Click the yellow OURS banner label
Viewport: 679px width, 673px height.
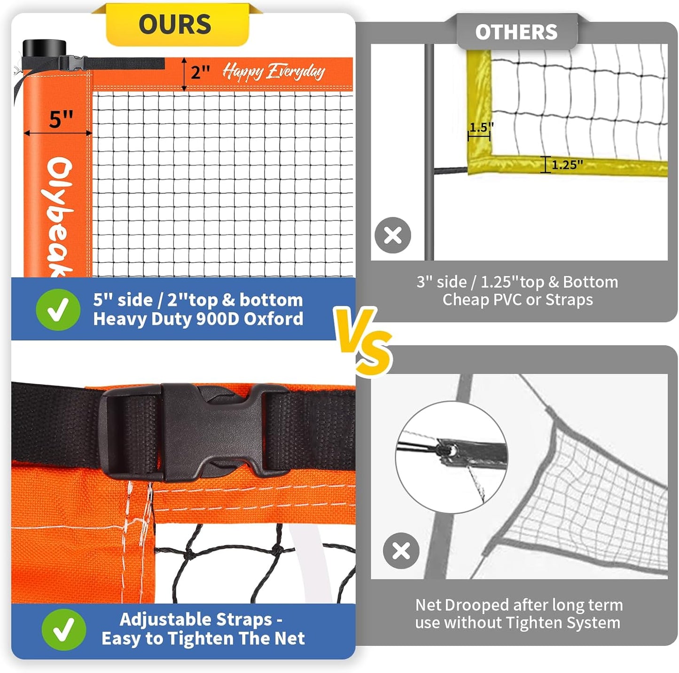pyautogui.click(x=175, y=24)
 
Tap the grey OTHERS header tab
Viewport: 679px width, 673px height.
pyautogui.click(x=516, y=32)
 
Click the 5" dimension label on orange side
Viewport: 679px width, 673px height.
pyautogui.click(x=61, y=119)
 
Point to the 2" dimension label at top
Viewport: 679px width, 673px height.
pyautogui.click(x=200, y=72)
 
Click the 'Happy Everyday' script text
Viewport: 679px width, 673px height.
pyautogui.click(x=273, y=71)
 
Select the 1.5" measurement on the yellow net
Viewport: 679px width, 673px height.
pyautogui.click(x=481, y=128)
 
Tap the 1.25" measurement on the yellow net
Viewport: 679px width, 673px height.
pyautogui.click(x=567, y=165)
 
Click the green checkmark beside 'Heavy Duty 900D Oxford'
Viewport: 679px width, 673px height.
pyautogui.click(x=58, y=309)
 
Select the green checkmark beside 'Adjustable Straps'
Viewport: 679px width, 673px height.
pyautogui.click(x=63, y=629)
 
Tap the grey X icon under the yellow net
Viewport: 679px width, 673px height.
pyautogui.click(x=393, y=235)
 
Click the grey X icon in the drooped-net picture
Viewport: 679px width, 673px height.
pyautogui.click(x=401, y=551)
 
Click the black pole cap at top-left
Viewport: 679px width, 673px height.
pyautogui.click(x=44, y=48)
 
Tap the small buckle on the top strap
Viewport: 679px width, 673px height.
pyautogui.click(x=72, y=63)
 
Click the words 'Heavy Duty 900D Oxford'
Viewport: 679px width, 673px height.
pyautogui.click(x=198, y=319)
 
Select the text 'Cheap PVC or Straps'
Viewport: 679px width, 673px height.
pyautogui.click(x=517, y=300)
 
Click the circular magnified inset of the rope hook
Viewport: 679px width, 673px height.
pyautogui.click(x=451, y=457)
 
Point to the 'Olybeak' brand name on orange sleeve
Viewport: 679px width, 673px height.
pyautogui.click(x=60, y=216)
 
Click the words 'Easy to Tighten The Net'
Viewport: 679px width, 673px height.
pyautogui.click(x=203, y=638)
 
